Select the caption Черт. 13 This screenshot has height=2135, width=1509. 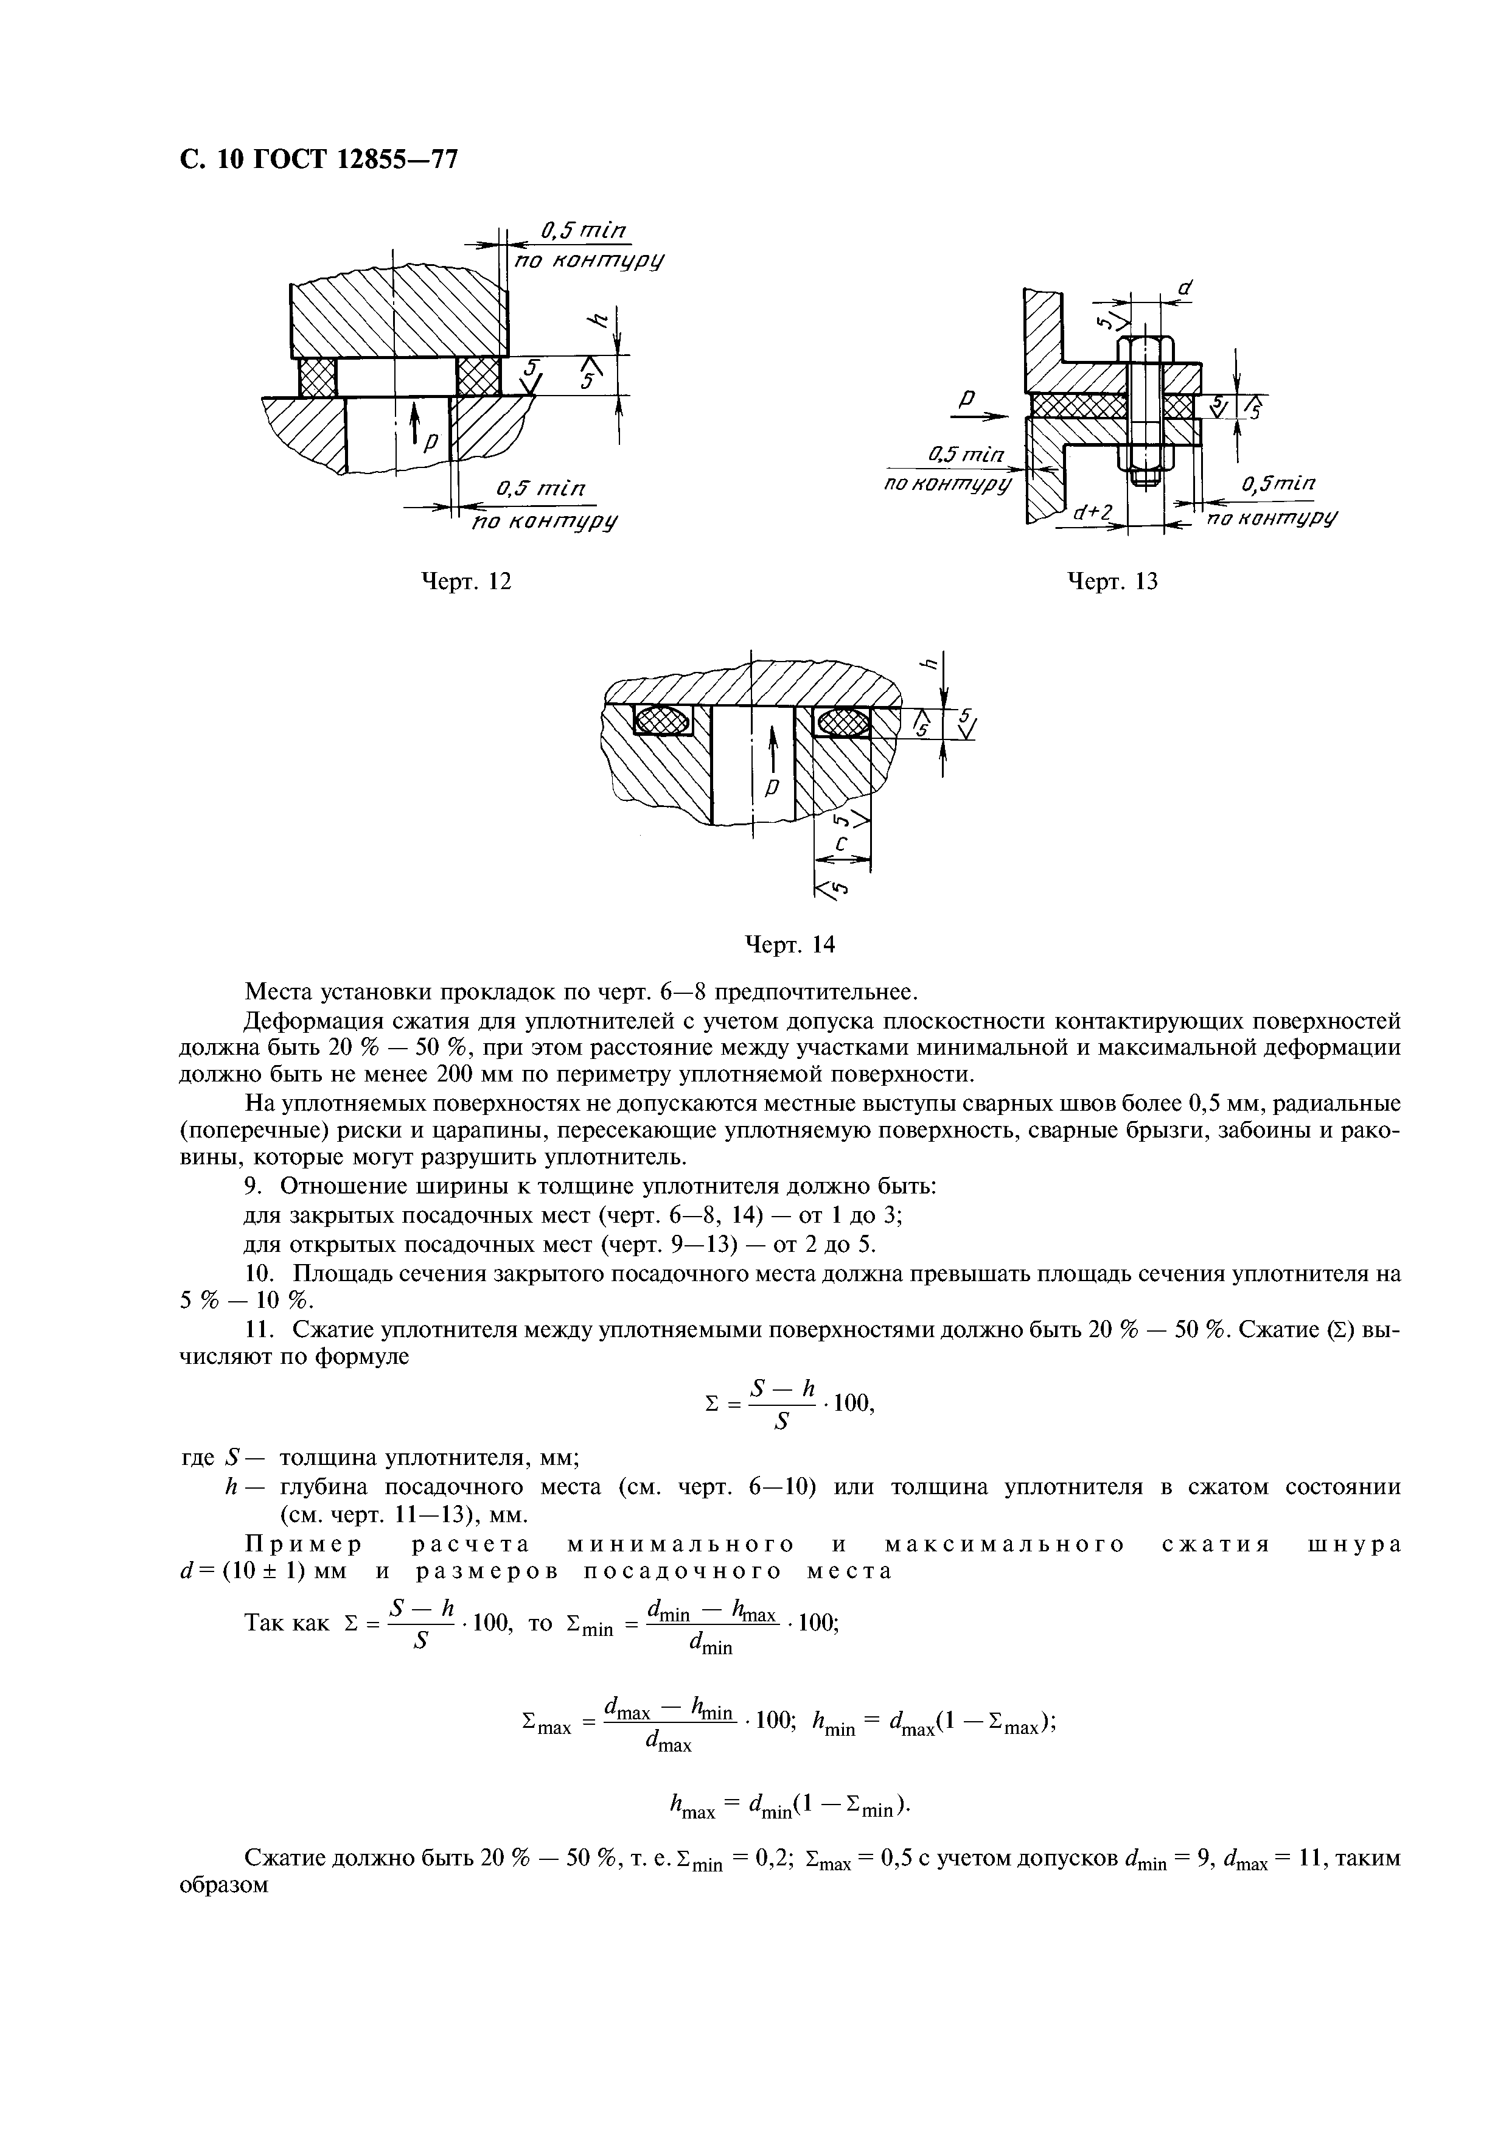point(1112,582)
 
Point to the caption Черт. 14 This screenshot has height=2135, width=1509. point(791,945)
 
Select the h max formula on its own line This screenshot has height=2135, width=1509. point(785,1808)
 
